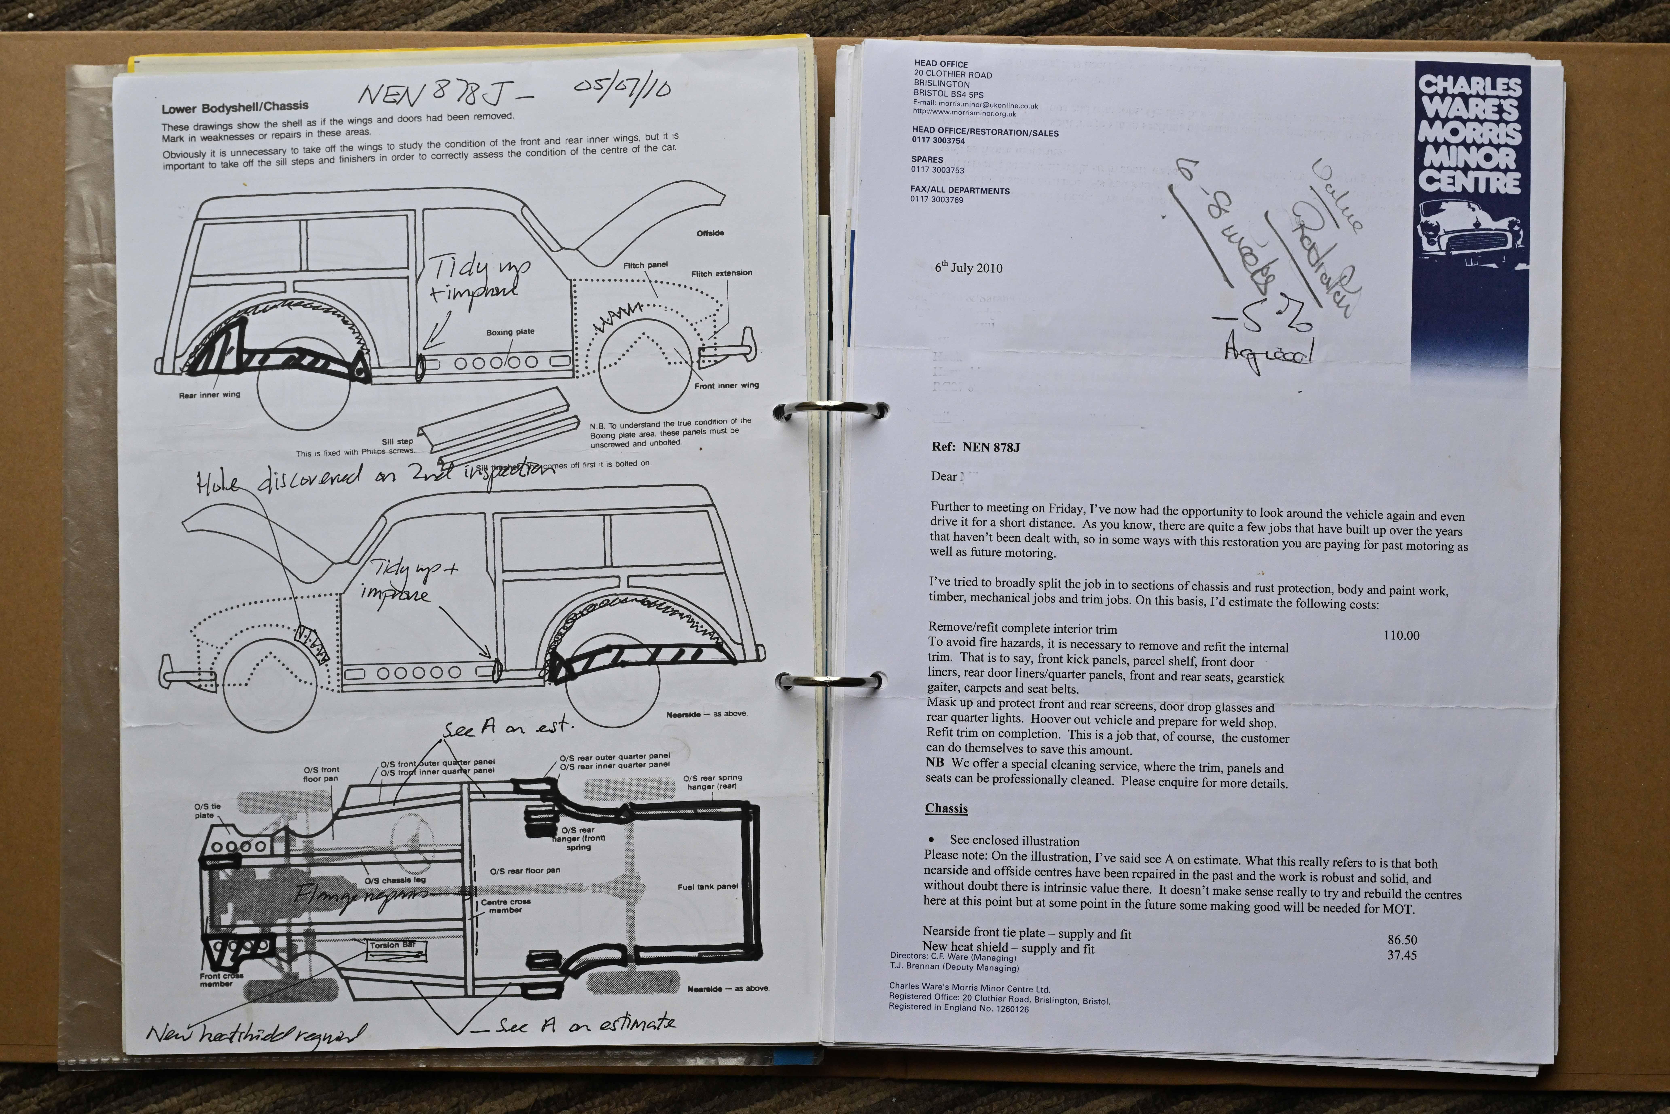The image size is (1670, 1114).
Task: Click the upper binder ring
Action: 830,411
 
